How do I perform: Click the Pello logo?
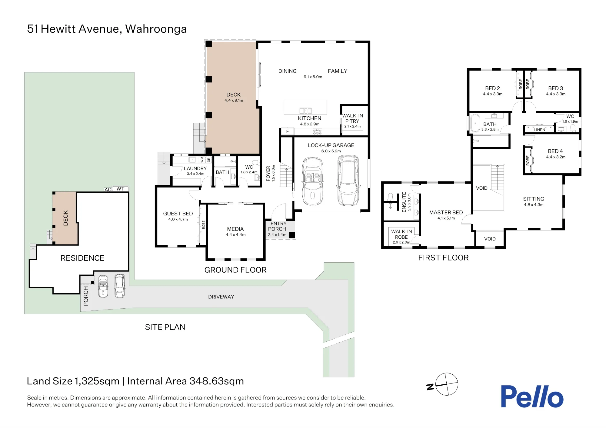tap(532, 396)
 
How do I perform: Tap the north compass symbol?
tap(443, 384)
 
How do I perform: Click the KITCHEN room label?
tap(309, 118)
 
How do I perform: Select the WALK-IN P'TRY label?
tap(352, 118)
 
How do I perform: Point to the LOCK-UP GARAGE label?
tap(331, 145)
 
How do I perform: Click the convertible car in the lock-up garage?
tap(312, 182)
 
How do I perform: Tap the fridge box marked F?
tap(288, 131)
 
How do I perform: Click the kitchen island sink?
tap(305, 111)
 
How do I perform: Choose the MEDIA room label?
tap(235, 229)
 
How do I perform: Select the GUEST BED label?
tap(178, 214)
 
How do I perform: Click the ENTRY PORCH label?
tap(278, 226)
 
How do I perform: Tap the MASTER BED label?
tap(446, 213)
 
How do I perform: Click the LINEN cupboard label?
tap(539, 130)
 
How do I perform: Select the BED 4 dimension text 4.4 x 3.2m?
tap(556, 157)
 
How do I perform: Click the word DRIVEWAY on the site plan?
tap(221, 297)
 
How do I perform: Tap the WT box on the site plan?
tap(120, 189)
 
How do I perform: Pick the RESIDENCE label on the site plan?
tap(82, 258)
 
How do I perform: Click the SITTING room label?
tap(534, 199)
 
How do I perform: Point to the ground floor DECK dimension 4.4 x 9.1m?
tap(234, 101)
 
